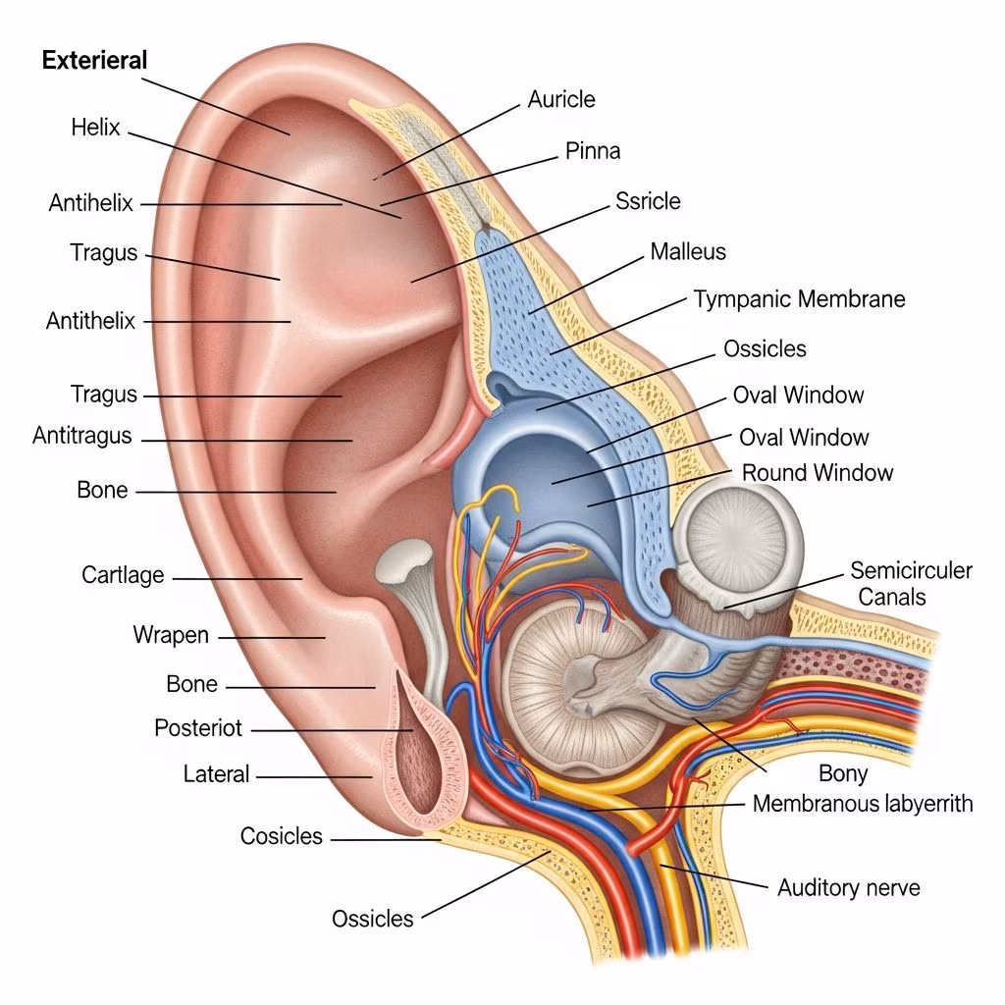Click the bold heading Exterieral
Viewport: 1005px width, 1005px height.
95,60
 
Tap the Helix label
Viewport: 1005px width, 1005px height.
95,127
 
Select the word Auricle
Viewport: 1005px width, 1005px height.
561,99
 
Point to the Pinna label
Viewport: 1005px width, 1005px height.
593,151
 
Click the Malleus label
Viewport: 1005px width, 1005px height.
688,252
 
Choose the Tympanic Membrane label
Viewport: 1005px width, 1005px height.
800,299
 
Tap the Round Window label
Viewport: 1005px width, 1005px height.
818,473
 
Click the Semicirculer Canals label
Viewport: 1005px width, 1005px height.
912,584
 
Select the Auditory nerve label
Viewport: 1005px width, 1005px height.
849,888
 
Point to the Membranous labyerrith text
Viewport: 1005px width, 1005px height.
863,804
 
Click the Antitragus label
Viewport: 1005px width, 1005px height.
82,436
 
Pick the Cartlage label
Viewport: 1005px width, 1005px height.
123,575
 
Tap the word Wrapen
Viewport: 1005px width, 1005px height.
171,635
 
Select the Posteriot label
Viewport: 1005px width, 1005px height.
198,728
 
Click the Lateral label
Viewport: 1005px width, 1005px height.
216,774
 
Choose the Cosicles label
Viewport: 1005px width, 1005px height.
282,836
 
